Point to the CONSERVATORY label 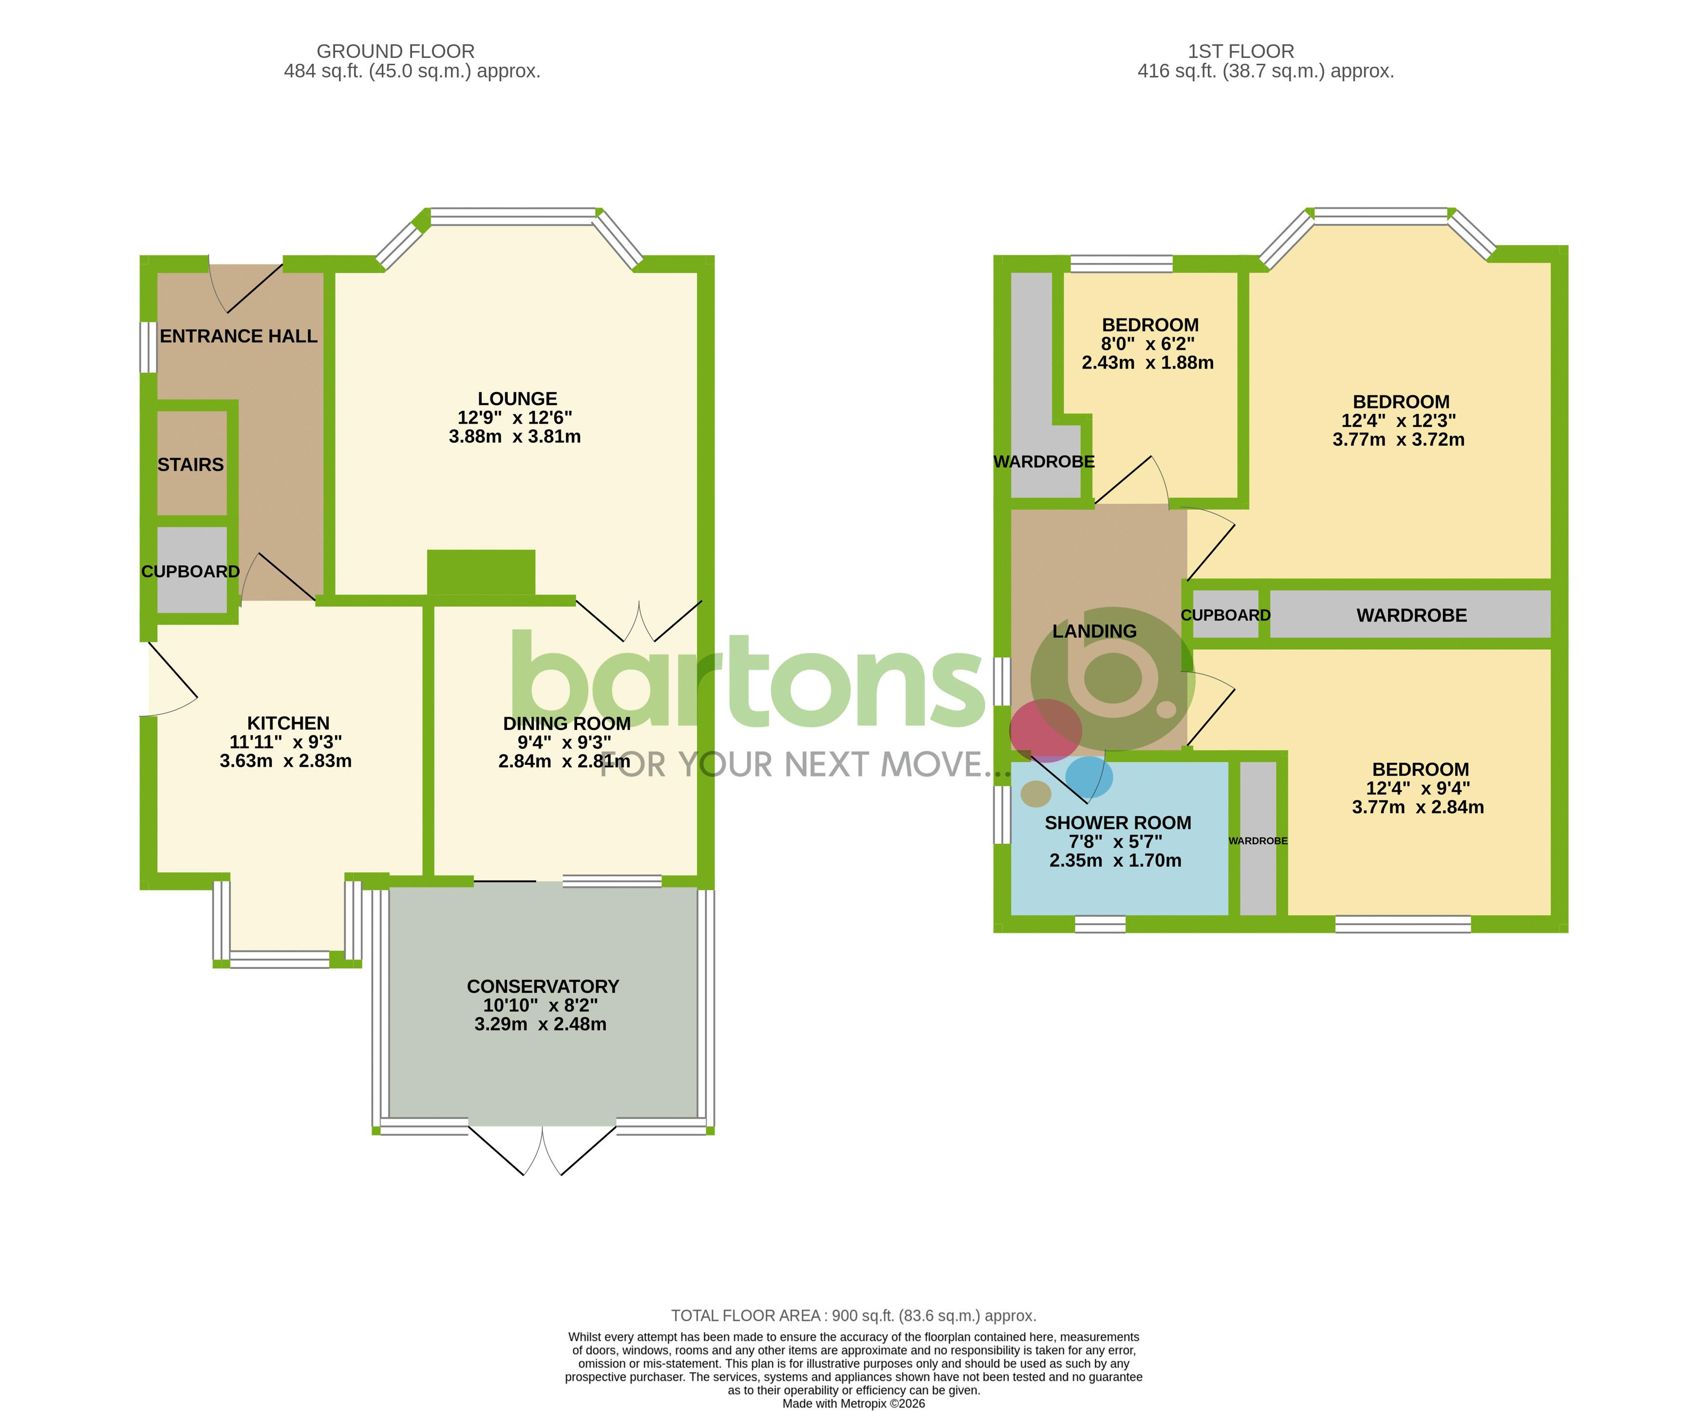pos(542,986)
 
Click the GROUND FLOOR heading pos(395,51)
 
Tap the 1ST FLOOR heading pos(1240,51)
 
